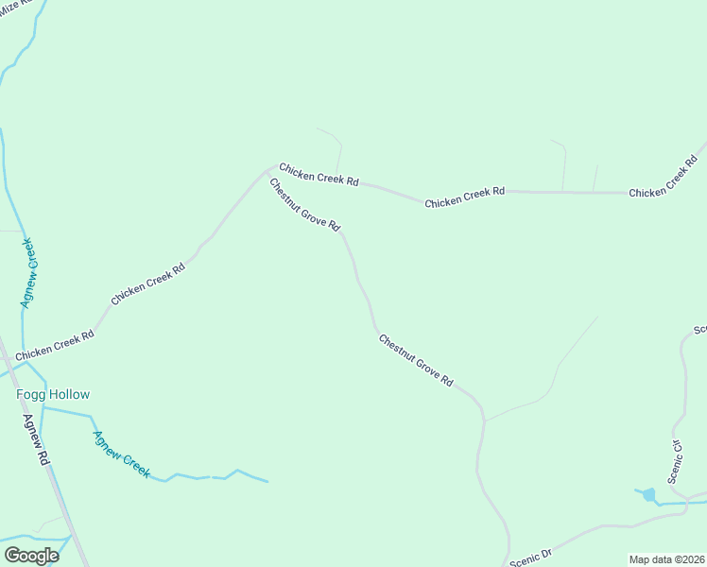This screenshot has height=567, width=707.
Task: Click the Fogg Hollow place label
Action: pyautogui.click(x=53, y=394)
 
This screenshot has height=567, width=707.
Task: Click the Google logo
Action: pyautogui.click(x=31, y=556)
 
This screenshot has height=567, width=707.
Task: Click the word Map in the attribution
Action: pyautogui.click(x=640, y=558)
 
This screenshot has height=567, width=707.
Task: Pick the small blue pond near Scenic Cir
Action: pyautogui.click(x=648, y=494)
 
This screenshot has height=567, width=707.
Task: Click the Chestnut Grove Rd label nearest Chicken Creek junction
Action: pyautogui.click(x=304, y=205)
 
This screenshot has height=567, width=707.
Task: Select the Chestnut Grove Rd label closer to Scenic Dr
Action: pyautogui.click(x=416, y=359)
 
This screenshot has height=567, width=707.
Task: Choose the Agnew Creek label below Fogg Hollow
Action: pyautogui.click(x=121, y=454)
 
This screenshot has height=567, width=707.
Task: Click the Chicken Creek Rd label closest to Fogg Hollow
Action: pyautogui.click(x=54, y=344)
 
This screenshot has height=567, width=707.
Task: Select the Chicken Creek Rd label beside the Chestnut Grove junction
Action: pyautogui.click(x=319, y=175)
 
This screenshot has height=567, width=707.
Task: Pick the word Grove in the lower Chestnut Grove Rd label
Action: pyautogui.click(x=420, y=363)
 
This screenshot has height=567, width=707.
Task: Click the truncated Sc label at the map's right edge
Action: pyautogui.click(x=699, y=330)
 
